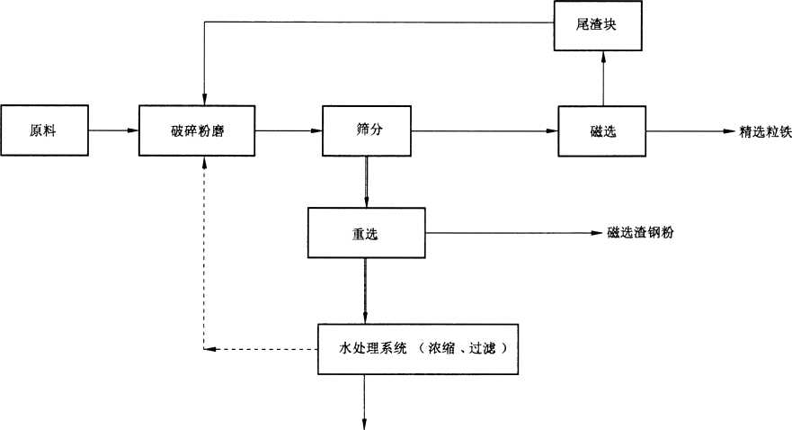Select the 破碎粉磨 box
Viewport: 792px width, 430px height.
point(198,130)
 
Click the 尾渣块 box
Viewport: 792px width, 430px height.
point(596,25)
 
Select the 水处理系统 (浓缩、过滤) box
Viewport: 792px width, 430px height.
point(418,347)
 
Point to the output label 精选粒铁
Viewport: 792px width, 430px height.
point(764,131)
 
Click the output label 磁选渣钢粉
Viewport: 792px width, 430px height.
point(641,232)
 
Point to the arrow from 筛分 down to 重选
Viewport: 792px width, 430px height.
point(366,182)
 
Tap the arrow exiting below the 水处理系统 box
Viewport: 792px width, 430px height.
point(366,400)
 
